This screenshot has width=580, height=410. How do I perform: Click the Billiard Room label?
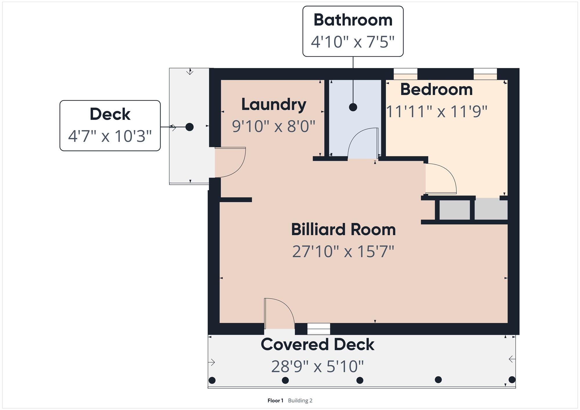343,229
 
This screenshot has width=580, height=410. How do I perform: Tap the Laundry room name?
274,105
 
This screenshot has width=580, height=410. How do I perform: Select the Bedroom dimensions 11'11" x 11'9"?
437,111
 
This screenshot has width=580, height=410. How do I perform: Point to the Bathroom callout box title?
353,20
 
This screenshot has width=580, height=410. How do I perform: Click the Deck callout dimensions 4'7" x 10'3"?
110,136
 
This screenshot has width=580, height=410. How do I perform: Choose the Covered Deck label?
318,345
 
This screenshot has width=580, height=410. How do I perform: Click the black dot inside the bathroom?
353,107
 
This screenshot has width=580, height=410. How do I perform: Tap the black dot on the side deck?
189,127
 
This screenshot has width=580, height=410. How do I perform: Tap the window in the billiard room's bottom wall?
319,329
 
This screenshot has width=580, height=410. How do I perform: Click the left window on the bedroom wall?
405,74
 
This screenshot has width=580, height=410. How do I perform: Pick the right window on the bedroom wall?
485,74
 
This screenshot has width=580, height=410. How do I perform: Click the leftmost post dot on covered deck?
212,380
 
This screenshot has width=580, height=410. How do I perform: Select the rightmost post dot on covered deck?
512,380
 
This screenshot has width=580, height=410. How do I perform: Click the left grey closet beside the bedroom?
455,210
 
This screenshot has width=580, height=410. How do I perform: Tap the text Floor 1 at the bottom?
275,400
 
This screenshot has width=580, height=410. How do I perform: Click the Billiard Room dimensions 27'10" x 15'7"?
343,252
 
